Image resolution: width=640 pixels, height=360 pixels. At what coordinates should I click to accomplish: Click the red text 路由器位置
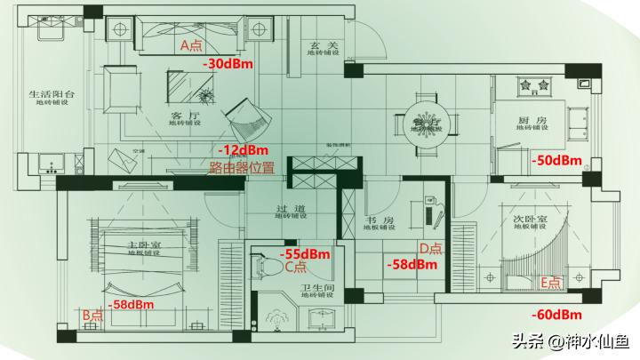coord(242,167)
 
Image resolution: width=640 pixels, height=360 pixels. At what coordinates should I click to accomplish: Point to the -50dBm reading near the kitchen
coord(556,161)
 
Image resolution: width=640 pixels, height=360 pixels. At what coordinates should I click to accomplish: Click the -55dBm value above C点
coord(305,253)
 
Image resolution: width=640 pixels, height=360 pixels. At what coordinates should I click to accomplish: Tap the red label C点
coord(295,266)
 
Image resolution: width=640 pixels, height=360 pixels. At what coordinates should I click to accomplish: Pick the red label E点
coord(551,284)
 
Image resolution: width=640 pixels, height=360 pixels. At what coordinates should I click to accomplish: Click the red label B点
coord(92,316)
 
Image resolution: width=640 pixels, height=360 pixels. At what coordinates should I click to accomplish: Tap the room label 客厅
coord(181,115)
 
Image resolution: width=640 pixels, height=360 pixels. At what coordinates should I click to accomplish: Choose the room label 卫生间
coord(316,288)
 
